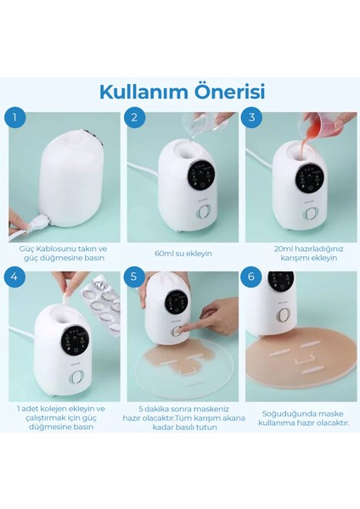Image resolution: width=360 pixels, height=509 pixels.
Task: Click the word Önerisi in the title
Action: pyautogui.click(x=222, y=90)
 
